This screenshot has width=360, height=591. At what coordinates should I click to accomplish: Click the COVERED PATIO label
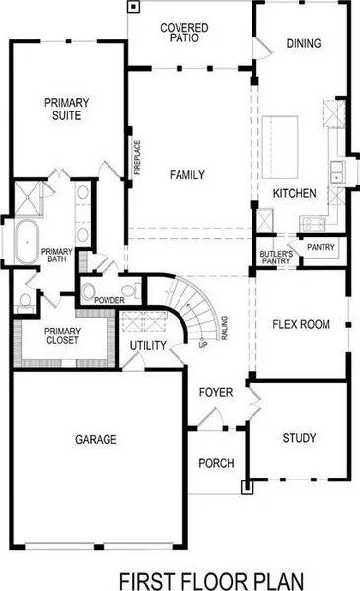click(x=184, y=33)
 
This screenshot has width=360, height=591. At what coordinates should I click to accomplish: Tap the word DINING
click(x=304, y=43)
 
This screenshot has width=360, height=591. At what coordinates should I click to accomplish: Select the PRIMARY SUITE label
click(x=67, y=109)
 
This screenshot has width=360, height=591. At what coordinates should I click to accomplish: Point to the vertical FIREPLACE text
click(x=137, y=157)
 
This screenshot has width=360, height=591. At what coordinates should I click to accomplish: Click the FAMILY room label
click(x=187, y=175)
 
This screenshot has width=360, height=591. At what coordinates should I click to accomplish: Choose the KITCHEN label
click(x=294, y=193)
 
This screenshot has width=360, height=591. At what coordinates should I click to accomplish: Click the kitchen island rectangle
click(x=280, y=147)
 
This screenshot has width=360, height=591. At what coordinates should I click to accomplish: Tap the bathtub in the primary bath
click(x=28, y=243)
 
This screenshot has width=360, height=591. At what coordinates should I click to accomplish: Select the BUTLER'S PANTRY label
click(x=276, y=258)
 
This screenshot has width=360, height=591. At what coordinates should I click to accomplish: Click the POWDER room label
click(x=109, y=300)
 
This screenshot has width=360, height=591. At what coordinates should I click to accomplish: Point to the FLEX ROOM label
click(x=302, y=325)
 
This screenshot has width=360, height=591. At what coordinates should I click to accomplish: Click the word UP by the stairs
click(x=203, y=345)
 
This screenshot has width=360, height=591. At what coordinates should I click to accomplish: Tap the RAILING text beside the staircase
click(x=224, y=329)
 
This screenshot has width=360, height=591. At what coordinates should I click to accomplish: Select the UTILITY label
click(x=148, y=346)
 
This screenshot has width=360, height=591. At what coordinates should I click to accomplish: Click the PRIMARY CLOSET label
click(x=62, y=335)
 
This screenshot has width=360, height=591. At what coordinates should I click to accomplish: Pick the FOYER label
click(x=216, y=393)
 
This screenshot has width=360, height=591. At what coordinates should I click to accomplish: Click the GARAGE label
click(x=96, y=439)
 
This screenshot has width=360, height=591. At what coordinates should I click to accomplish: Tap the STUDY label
click(x=299, y=438)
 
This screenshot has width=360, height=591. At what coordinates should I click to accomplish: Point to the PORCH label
click(x=216, y=463)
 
